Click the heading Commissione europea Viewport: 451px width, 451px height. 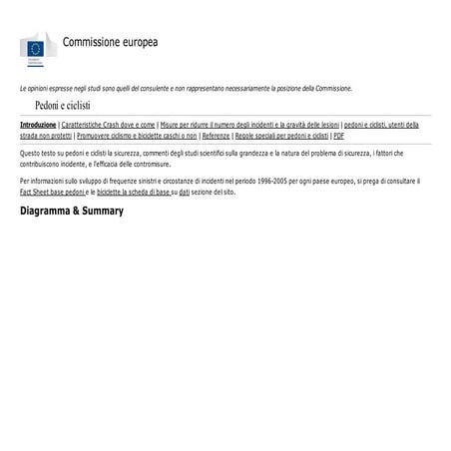coord(110,42)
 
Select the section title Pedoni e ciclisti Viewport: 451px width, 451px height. coord(63,105)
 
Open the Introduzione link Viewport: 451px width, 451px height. coord(38,125)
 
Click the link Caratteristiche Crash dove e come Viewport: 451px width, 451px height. coord(108,125)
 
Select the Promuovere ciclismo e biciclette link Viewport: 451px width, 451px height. coord(136,135)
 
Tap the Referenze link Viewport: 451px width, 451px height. coord(216,135)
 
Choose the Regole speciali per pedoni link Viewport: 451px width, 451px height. coord(281,135)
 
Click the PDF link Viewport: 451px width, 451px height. coord(339,135)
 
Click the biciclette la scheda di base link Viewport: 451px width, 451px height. coord(134,190)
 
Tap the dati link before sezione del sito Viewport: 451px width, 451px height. coord(184,190)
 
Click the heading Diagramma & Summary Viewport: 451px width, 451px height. coord(72,212)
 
